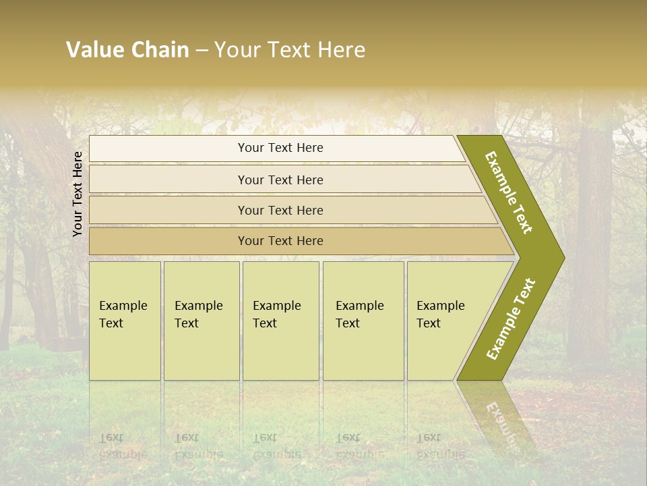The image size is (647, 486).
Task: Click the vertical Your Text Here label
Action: [78, 194]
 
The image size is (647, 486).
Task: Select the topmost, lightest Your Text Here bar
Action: [280, 148]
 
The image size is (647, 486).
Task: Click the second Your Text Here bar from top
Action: [280, 180]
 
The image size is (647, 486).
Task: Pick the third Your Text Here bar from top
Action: [280, 210]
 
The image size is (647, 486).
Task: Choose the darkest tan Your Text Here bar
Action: [280, 241]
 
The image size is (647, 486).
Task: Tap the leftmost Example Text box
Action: [125, 321]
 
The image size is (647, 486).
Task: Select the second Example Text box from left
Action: [202, 321]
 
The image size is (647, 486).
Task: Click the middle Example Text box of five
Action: [280, 321]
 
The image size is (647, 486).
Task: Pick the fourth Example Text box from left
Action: [363, 321]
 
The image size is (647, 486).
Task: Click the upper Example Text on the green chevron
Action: [509, 192]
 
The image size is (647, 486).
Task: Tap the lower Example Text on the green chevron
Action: [510, 319]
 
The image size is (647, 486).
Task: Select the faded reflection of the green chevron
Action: [499, 418]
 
